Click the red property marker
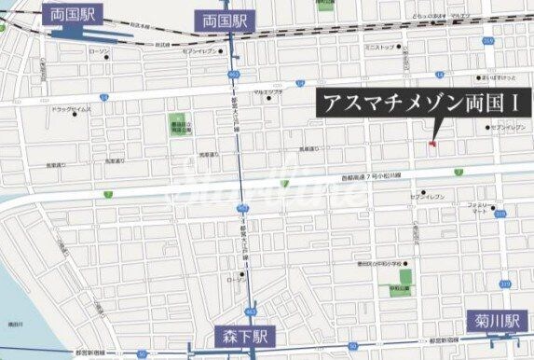pyautogui.click(x=431, y=143)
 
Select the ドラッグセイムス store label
pyautogui.click(x=69, y=109)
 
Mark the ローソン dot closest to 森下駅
pyautogui.click(x=242, y=274)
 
